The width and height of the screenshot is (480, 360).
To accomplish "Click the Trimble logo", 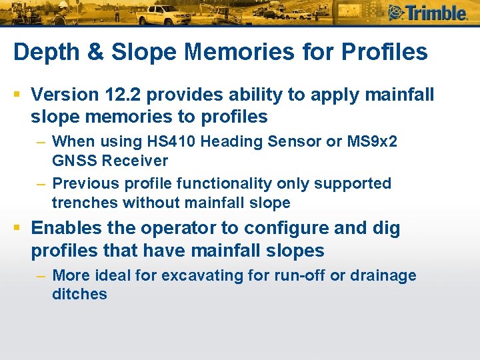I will [x=427, y=13].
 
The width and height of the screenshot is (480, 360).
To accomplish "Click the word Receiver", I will [x=135, y=161].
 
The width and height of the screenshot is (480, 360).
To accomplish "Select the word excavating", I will [x=191, y=275].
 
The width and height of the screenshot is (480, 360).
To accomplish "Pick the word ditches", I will [x=79, y=294].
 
